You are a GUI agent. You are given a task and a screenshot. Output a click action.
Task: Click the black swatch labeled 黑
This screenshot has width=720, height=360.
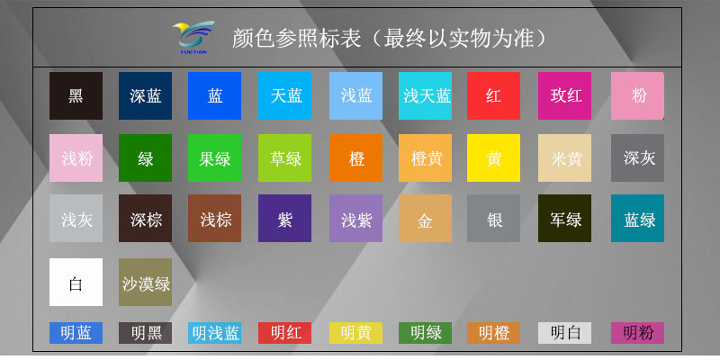(x=76, y=95)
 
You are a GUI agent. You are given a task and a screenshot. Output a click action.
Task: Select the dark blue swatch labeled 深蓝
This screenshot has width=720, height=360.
(x=145, y=95)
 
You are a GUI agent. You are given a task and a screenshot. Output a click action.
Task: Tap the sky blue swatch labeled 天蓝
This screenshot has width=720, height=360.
(x=285, y=95)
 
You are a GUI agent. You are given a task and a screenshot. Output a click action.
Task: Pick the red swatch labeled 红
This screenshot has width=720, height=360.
(x=493, y=95)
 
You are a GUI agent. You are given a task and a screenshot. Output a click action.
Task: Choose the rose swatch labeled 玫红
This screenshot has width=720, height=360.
(x=564, y=95)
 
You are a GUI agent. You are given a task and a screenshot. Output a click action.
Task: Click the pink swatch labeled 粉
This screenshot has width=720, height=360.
(x=637, y=95)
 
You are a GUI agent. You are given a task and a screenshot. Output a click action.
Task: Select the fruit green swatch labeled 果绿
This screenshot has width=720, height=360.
(x=215, y=158)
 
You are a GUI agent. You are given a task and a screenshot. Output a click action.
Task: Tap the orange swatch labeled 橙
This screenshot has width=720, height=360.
(x=355, y=158)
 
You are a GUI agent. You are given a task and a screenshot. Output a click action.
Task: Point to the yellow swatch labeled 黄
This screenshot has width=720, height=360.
(x=493, y=158)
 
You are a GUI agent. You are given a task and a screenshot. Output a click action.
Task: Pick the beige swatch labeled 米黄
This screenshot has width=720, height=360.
(x=564, y=158)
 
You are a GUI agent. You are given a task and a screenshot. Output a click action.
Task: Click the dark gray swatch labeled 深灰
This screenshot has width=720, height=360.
(x=637, y=158)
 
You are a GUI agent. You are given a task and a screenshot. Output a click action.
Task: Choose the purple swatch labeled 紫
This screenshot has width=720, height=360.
(x=285, y=219)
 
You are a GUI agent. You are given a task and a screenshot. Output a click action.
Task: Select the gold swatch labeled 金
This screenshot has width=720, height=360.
(x=425, y=219)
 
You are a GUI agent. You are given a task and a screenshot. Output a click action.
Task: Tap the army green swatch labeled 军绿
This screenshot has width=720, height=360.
(x=564, y=219)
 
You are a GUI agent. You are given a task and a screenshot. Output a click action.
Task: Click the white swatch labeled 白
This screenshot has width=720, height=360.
(x=76, y=283)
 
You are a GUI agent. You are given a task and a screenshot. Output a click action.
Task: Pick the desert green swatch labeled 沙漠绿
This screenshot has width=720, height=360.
(x=145, y=283)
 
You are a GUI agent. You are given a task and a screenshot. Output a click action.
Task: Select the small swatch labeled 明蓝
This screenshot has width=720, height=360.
(x=76, y=333)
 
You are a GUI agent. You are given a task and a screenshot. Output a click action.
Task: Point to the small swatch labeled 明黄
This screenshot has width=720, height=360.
(x=355, y=333)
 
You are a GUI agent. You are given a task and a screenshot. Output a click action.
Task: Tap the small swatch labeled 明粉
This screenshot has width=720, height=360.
(x=637, y=333)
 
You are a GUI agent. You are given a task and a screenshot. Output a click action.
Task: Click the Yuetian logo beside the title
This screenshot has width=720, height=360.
(x=193, y=37)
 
